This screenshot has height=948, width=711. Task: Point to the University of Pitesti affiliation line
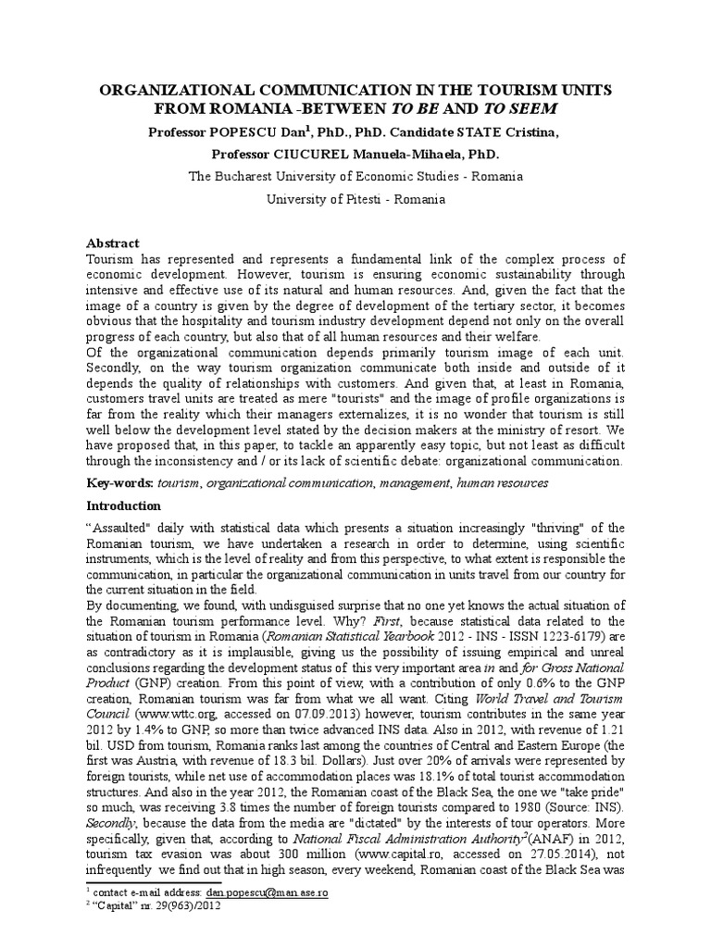tap(356, 198)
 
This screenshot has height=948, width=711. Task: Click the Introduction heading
tap(123, 506)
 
